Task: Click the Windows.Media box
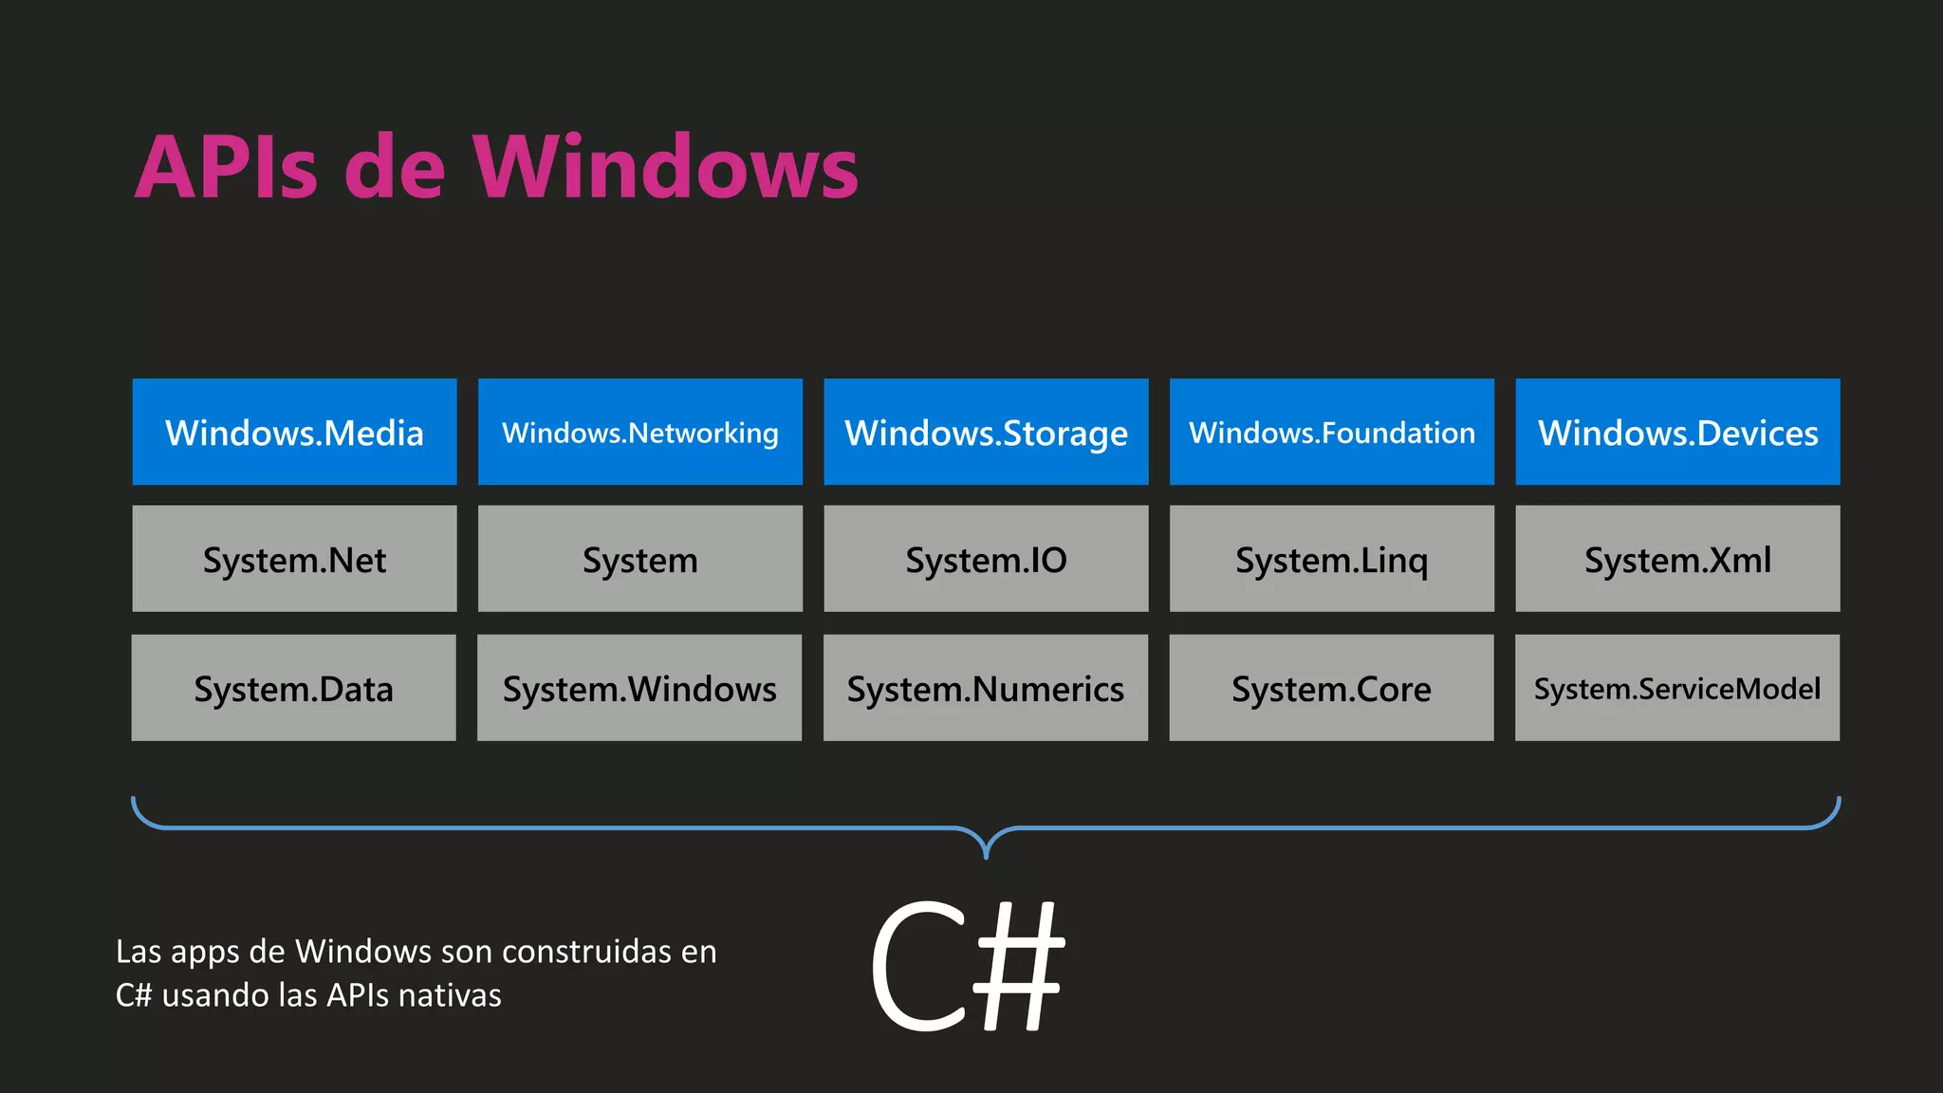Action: click(x=294, y=433)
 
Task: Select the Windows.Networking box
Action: click(x=640, y=433)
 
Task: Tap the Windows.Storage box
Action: click(x=986, y=433)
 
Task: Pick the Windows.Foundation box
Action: click(x=1332, y=433)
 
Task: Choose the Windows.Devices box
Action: click(x=1677, y=433)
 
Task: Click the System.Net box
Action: click(x=294, y=559)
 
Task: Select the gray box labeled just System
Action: click(x=640, y=559)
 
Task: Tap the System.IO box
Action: click(x=986, y=559)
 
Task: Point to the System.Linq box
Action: click(x=1332, y=559)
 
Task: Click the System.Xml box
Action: click(x=1677, y=559)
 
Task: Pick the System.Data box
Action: click(x=293, y=688)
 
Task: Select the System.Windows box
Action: click(x=639, y=688)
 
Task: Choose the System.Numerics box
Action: click(x=986, y=688)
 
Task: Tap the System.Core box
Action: click(x=1331, y=688)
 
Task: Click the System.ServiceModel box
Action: click(x=1677, y=688)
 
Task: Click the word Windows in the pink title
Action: click(x=666, y=168)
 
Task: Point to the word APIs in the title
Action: click(x=226, y=168)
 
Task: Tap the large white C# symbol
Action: click(x=968, y=965)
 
